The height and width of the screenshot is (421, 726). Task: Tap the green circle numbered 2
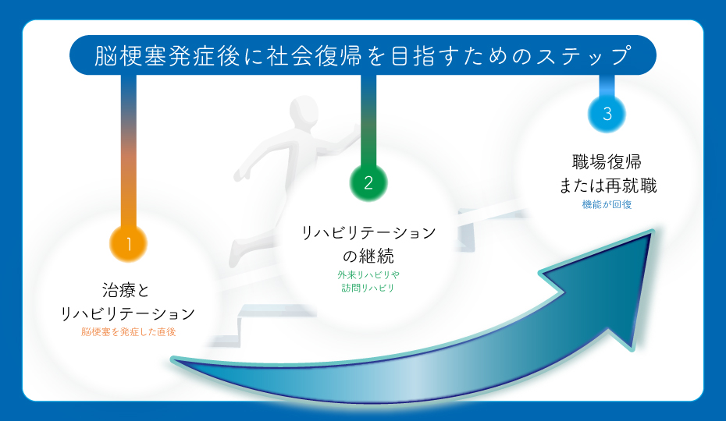coord(368,182)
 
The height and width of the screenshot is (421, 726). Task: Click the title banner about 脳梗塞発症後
coord(362,55)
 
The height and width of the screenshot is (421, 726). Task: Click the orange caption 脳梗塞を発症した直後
coord(129,332)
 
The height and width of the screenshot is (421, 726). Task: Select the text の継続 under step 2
coord(368,256)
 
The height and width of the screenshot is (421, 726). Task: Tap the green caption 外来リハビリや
coord(368,275)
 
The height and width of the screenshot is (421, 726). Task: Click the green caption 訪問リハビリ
coord(368,288)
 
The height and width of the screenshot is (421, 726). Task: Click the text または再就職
coord(607,186)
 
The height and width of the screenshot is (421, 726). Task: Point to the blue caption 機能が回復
coord(607,205)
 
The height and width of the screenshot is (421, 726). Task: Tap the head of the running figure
coord(302,114)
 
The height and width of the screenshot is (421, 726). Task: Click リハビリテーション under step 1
coord(127,313)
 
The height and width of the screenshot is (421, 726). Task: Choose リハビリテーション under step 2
coord(368,233)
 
